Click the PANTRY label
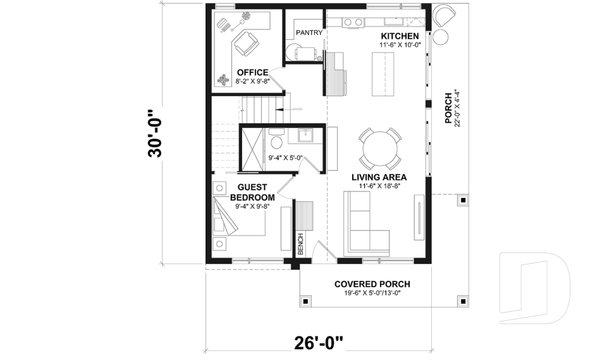(309, 32)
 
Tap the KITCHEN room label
(400, 37)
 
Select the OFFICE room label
(252, 73)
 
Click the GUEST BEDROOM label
(252, 192)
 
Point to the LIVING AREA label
(379, 177)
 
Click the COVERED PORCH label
(372, 284)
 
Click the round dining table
(379, 146)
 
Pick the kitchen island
(383, 74)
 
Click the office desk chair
(245, 44)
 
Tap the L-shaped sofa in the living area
(363, 225)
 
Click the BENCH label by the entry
(300, 243)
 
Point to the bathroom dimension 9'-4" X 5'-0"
(286, 159)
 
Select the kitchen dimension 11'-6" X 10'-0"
(400, 46)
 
